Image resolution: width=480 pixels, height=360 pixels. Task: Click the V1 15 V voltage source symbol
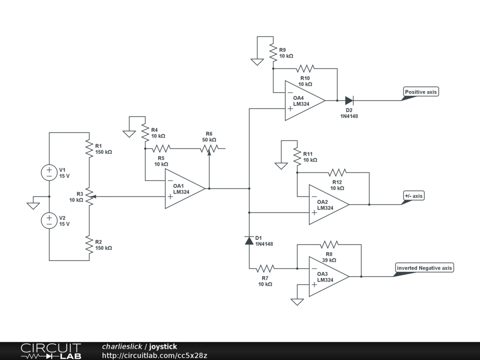coord(49,172)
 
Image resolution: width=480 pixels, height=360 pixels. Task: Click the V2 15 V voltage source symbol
coord(49,220)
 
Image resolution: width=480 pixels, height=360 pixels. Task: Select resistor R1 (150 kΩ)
coord(89,148)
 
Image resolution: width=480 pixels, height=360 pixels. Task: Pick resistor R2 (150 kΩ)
coord(89,245)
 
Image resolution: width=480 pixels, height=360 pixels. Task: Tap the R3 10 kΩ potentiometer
coord(89,197)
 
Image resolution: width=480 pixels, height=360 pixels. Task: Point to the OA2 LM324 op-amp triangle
coord(329,204)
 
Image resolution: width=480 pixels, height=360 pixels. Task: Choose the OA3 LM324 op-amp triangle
coord(329,277)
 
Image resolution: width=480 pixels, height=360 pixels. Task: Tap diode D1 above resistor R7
coord(249,241)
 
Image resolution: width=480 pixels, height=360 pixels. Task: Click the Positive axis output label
coord(420,92)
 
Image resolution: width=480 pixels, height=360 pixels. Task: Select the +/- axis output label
coord(413,195)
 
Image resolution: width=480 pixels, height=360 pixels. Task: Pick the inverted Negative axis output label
coord(424,268)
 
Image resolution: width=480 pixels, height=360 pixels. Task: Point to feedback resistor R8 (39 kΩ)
coord(329,244)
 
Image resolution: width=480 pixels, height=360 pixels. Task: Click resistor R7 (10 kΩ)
coord(265,269)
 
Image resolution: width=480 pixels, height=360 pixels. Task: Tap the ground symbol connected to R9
coord(257,61)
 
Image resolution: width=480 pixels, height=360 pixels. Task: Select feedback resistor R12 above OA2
coord(337,172)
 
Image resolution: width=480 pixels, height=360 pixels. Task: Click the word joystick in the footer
coord(163,347)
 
